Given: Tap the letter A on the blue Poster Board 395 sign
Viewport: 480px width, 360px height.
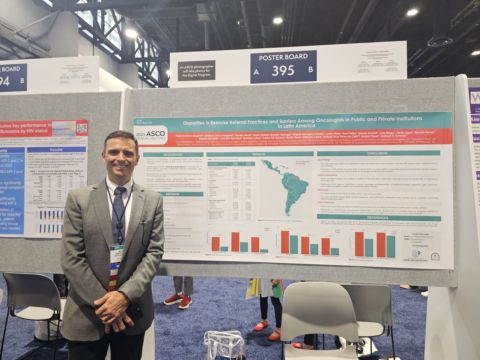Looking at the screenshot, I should [x=256, y=72].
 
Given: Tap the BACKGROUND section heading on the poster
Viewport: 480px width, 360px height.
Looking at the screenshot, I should [x=173, y=154].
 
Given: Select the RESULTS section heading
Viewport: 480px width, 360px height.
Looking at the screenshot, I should [x=260, y=154].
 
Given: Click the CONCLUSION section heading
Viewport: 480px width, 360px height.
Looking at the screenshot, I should [x=378, y=153].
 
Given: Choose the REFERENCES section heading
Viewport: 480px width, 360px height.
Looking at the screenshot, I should [x=378, y=218].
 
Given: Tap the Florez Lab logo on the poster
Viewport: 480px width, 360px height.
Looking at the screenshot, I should [x=435, y=257].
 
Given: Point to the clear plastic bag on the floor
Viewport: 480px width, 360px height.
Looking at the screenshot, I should [x=224, y=345].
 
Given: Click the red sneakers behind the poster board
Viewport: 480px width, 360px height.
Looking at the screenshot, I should [x=178, y=300].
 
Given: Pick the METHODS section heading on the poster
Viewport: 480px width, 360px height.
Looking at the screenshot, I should [x=173, y=194].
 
